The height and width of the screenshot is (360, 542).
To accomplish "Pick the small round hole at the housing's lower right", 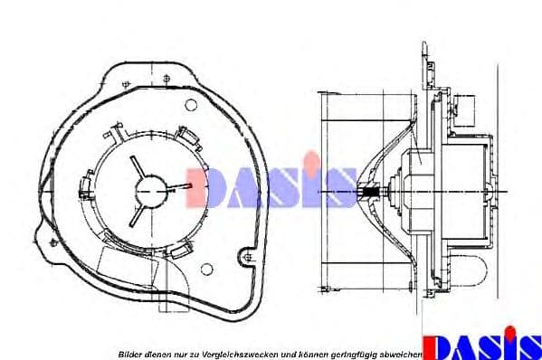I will coord(206,268).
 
